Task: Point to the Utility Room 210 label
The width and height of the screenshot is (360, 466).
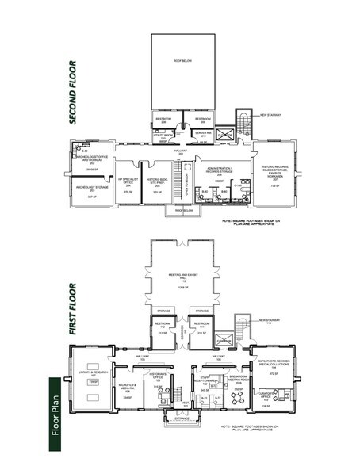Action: click(163, 136)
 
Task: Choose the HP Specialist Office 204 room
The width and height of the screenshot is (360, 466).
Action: click(125, 183)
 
